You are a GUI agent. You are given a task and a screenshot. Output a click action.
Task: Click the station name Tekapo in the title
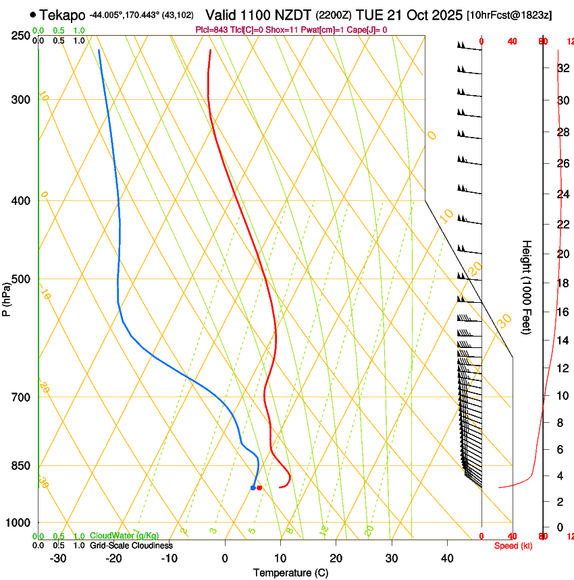(62, 15)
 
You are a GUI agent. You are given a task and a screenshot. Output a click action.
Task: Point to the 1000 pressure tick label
(19, 522)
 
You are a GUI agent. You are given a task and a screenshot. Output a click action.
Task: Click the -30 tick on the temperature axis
(58, 558)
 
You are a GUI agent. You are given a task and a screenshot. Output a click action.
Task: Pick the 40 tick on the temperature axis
(447, 558)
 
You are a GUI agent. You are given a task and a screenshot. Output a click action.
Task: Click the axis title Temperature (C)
(290, 573)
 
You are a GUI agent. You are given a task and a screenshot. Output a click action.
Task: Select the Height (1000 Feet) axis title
(527, 287)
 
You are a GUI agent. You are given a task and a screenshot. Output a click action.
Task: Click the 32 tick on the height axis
(563, 67)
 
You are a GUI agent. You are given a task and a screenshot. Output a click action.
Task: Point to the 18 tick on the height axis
(563, 283)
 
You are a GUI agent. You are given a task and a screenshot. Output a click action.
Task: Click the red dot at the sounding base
(259, 488)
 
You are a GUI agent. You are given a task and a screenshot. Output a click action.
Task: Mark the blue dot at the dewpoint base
(253, 488)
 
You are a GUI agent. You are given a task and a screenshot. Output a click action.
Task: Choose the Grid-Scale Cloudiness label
(131, 546)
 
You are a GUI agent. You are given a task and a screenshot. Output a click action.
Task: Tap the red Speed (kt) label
(513, 546)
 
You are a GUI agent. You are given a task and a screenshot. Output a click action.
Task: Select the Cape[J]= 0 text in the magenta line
(366, 30)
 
